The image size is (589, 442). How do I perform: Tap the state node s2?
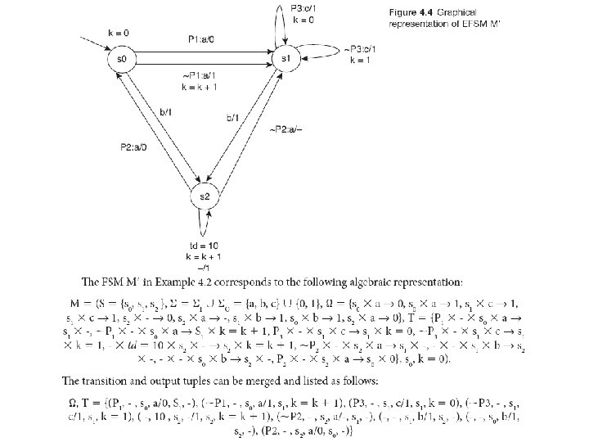click(202, 197)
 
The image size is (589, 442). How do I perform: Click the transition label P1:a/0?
click(201, 38)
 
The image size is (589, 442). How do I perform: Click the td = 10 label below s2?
click(203, 245)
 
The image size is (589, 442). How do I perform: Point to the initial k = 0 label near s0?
click(119, 31)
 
